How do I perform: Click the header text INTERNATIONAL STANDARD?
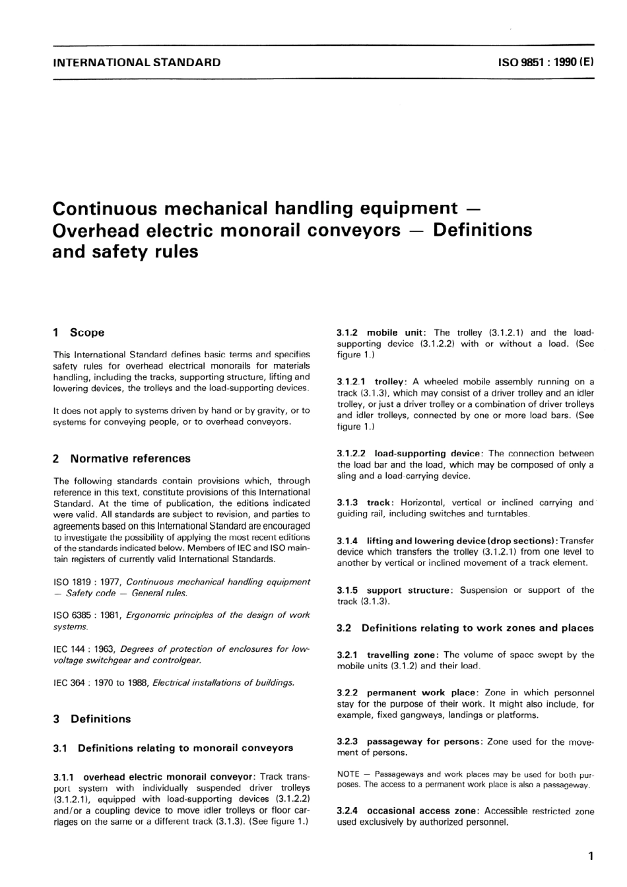coord(137,63)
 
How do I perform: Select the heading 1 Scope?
coord(79,333)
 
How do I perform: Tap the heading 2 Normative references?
coord(122,458)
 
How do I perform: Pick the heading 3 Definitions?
coord(92,719)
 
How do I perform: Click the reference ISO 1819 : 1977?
coord(87,582)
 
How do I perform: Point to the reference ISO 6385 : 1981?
coord(87,615)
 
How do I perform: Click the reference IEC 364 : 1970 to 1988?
coord(101,682)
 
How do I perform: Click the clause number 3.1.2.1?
coord(351,382)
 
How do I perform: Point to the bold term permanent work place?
coord(421,693)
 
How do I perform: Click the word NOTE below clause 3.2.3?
coord(348,774)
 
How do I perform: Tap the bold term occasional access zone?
coord(423,811)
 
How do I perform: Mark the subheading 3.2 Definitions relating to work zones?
coord(465,628)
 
